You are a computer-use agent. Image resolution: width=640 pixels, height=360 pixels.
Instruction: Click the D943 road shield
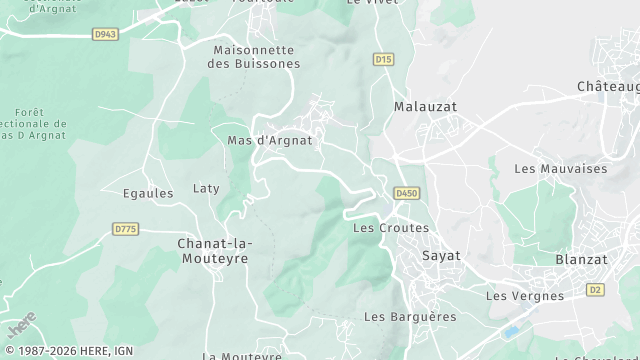[106, 34]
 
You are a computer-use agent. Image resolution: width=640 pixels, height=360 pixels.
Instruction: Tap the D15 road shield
[383, 60]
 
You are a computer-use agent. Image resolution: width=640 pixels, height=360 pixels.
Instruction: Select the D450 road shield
[406, 193]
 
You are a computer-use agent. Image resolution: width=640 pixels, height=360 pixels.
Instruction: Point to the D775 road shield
[125, 229]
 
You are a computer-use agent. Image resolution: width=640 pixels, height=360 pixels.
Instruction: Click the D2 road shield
[596, 290]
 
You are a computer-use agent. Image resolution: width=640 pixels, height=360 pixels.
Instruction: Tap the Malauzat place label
[424, 106]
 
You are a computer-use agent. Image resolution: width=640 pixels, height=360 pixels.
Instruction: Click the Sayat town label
[442, 255]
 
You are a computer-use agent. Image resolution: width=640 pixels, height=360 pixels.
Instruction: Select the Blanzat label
[581, 258]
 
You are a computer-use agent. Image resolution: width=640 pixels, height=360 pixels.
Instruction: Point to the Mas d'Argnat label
[270, 141]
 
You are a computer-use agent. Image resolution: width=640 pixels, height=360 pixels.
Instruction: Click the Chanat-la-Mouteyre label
[214, 250]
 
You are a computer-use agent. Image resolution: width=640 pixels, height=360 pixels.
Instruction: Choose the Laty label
[206, 188]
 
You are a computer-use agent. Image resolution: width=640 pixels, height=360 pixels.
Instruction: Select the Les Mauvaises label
[560, 169]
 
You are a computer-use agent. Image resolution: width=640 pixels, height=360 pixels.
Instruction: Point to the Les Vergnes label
[524, 295]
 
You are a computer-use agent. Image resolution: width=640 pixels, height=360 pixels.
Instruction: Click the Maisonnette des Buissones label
[253, 56]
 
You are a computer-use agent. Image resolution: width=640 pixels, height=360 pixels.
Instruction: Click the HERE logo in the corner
[22, 326]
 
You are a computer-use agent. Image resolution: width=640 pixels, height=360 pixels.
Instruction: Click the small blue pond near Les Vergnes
[512, 331]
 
